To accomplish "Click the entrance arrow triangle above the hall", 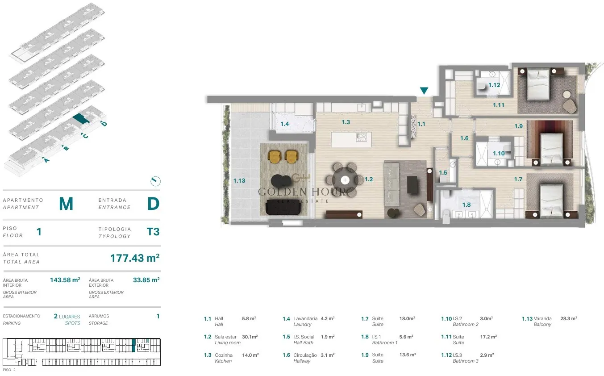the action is click(x=424, y=90).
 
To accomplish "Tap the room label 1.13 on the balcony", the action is click(x=239, y=181).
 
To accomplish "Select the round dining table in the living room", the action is click(x=345, y=180).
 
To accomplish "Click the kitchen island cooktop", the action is click(x=361, y=137).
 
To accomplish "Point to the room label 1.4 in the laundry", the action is click(x=284, y=124).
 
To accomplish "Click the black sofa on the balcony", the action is click(x=283, y=207).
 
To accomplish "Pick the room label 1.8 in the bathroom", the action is click(x=467, y=205).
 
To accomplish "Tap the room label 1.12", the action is click(x=494, y=85).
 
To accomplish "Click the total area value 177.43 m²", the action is click(x=135, y=258).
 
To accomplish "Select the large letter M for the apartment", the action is click(x=66, y=204).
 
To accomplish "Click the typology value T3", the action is click(x=153, y=232).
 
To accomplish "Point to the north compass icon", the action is click(x=156, y=181).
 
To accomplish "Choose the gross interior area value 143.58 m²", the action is click(x=65, y=280).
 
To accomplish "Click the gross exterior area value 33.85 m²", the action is click(x=146, y=280).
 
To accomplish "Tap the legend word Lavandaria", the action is click(x=305, y=318).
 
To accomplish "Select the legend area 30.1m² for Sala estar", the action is click(x=250, y=337).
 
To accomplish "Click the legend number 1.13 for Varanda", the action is click(x=527, y=318).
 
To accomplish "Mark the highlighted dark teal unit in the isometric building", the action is click(x=81, y=118).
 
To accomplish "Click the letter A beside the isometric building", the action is click(x=46, y=160).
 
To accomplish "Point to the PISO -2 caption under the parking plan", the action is click(x=9, y=370).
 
